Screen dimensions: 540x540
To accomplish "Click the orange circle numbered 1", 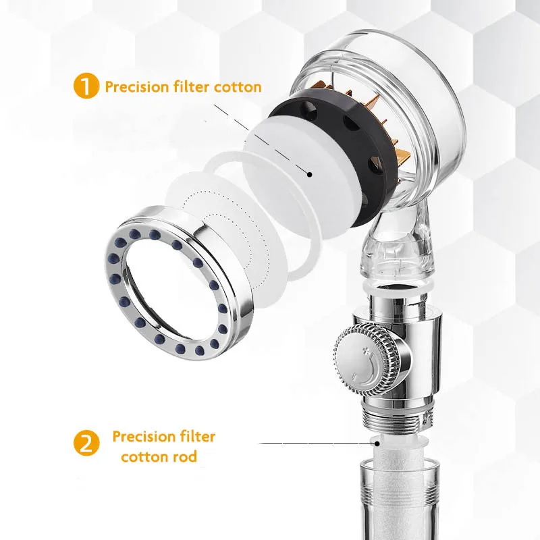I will (86, 87).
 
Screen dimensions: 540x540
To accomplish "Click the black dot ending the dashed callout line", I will (309, 173).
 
